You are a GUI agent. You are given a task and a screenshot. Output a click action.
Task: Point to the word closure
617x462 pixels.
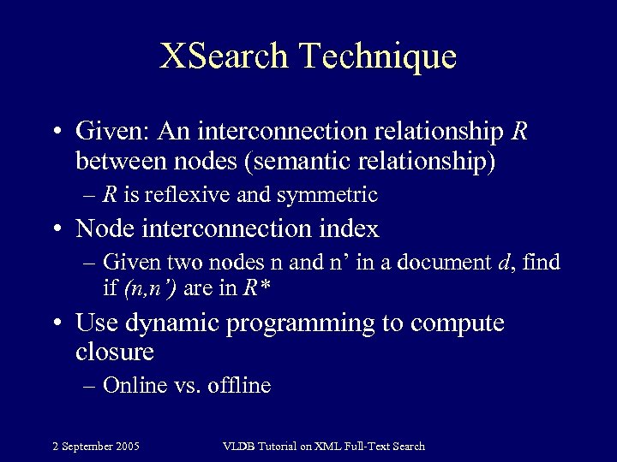(115, 351)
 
